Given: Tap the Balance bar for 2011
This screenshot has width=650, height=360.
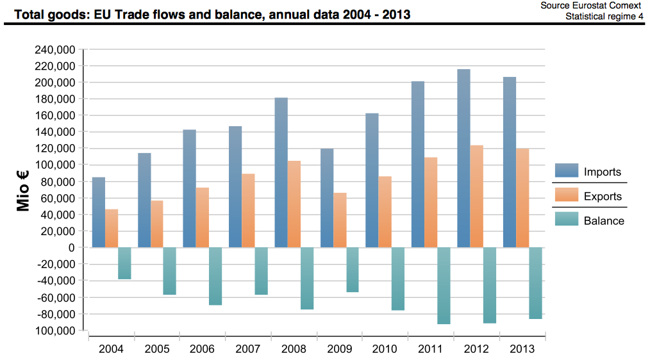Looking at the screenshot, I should pos(444,286).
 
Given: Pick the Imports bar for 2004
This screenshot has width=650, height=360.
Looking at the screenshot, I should pos(99,212).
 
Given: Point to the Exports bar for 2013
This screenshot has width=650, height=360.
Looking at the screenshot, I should pos(522,198).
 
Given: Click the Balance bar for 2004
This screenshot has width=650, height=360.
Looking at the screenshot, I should pos(124,263).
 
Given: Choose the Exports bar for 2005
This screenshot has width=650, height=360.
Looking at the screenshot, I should pos(157,224).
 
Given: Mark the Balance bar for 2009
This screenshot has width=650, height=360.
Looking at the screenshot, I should pos(353,270).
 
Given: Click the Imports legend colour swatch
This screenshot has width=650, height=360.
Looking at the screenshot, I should pos(567,172).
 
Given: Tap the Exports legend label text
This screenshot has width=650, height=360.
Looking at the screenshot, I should pos(603,196).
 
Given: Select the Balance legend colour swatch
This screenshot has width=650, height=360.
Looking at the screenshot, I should pos(567,220).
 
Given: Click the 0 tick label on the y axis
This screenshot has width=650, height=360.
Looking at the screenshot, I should pos(72,248).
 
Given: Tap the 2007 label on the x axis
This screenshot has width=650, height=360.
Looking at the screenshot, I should pos(249,349).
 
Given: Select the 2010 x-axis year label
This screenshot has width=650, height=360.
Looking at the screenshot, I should pos(385,349).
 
